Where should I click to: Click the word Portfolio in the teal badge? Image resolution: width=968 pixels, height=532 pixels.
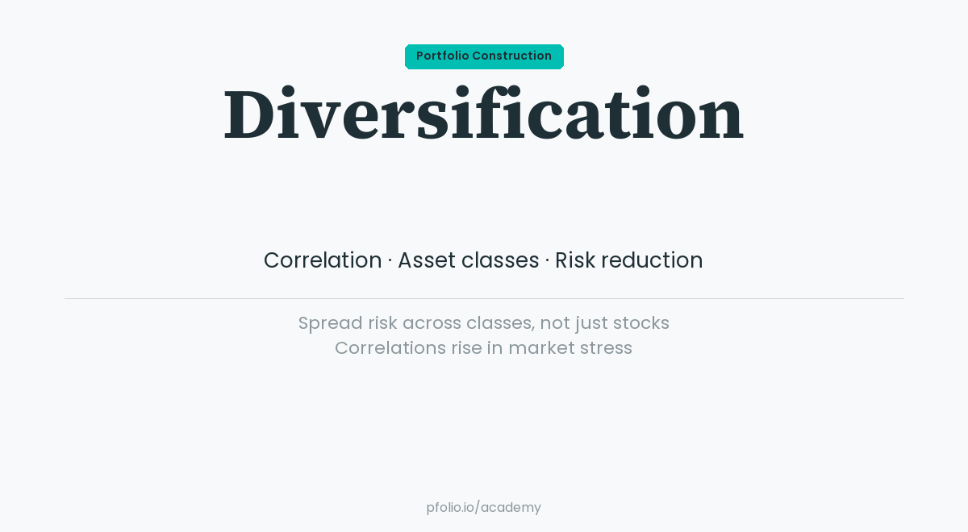click(x=442, y=56)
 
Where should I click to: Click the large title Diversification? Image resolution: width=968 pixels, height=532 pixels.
click(x=483, y=114)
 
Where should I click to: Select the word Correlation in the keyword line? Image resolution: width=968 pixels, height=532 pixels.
click(x=323, y=260)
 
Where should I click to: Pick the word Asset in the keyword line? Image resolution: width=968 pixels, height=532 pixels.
click(x=427, y=260)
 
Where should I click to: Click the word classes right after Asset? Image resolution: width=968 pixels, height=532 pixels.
click(x=500, y=260)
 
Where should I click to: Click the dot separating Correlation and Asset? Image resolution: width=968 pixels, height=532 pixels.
click(x=390, y=260)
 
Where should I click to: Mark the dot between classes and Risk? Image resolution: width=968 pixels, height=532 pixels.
click(x=547, y=260)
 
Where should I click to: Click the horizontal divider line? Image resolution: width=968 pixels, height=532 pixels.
click(x=484, y=298)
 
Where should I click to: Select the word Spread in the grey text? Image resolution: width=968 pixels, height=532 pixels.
click(x=330, y=323)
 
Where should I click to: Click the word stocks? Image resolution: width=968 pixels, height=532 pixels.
click(x=641, y=323)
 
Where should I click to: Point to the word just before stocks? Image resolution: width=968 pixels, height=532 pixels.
click(x=590, y=323)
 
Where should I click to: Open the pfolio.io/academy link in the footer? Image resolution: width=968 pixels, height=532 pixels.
click(x=483, y=508)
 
